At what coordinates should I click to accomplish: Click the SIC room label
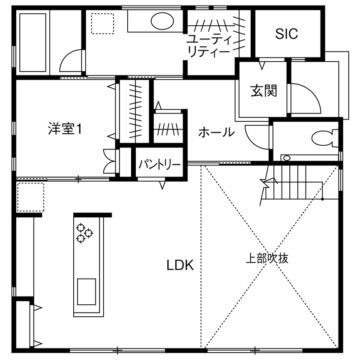click(x=286, y=34)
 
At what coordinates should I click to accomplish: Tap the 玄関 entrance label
click(x=264, y=91)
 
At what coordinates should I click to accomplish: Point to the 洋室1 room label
click(x=65, y=129)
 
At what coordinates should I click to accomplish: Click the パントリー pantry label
click(x=159, y=165)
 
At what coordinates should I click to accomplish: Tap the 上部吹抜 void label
click(x=267, y=258)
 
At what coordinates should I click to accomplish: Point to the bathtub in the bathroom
click(x=33, y=42)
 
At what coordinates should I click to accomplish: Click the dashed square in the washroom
click(x=102, y=23)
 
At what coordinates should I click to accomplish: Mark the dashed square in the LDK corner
click(x=30, y=197)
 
